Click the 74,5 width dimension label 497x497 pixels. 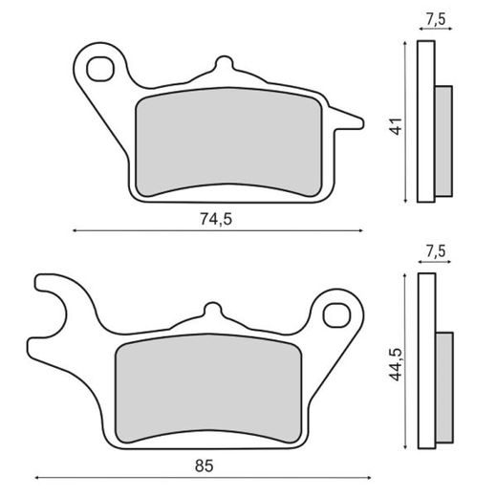[x=217, y=218]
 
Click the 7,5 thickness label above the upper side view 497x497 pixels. [x=435, y=16]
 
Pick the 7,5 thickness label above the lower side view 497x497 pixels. [x=435, y=251]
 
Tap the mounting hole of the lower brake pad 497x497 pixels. [x=335, y=313]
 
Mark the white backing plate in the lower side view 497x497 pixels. [x=426, y=361]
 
